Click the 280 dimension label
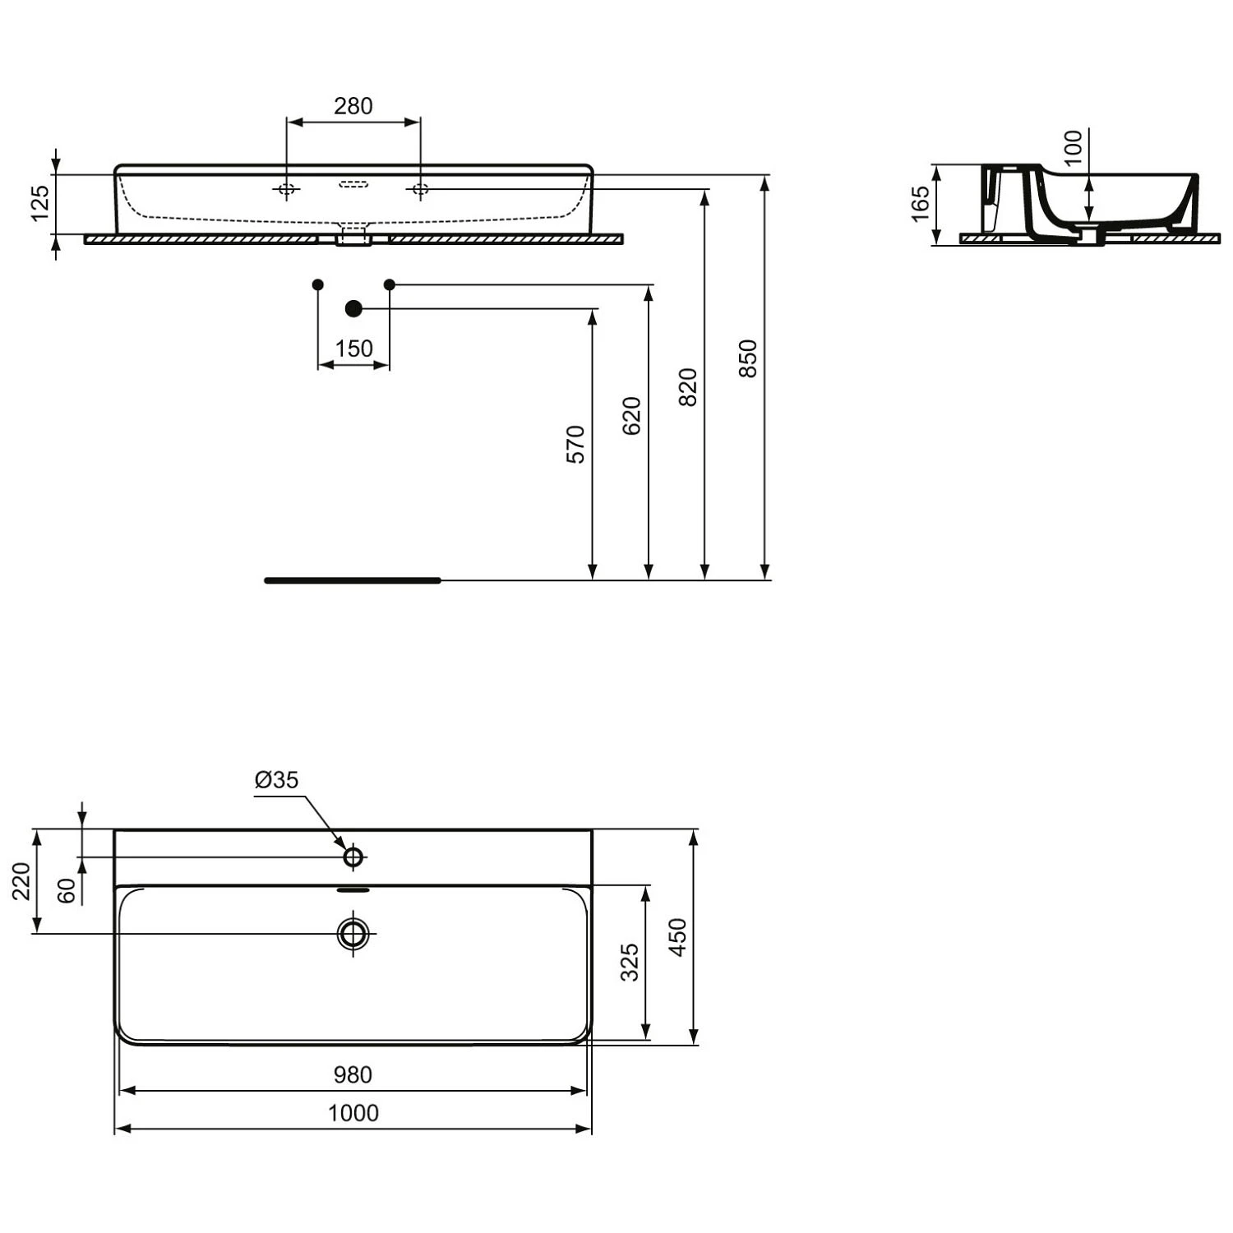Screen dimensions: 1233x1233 point(353,106)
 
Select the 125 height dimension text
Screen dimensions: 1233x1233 point(40,203)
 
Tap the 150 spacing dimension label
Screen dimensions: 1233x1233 point(353,349)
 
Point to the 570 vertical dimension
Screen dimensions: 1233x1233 point(576,444)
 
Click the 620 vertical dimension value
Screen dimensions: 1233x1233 point(631,416)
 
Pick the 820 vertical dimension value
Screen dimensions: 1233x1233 point(688,387)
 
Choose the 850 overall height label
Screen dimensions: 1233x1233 point(748,358)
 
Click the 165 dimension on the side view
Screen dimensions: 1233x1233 point(921,203)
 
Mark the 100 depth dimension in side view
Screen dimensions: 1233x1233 point(1074,148)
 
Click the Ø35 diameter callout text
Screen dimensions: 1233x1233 point(277,779)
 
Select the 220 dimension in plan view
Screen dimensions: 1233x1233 point(22,881)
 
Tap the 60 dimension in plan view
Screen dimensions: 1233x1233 point(67,890)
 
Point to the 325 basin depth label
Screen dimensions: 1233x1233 point(630,963)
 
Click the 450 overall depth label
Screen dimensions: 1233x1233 point(678,937)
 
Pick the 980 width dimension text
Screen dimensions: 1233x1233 point(353,1074)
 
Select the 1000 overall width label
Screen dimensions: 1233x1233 point(353,1113)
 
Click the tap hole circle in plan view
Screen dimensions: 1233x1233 point(353,857)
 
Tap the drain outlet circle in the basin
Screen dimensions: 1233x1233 point(353,933)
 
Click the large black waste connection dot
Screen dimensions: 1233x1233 point(353,309)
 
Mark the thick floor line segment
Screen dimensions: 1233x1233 point(353,580)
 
